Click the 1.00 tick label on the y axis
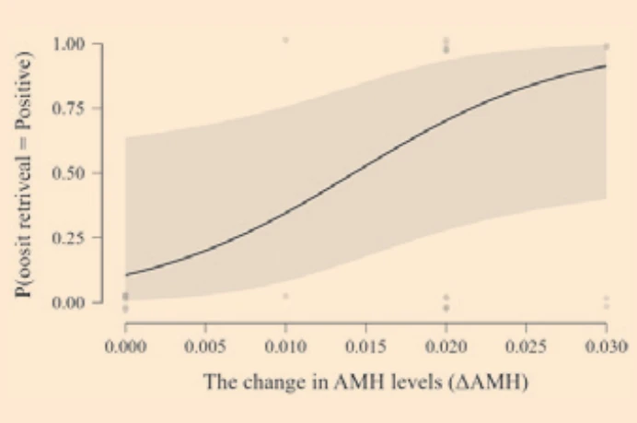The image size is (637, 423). coord(69,44)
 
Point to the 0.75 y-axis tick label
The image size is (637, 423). coord(69,109)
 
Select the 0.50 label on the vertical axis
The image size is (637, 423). coord(69,173)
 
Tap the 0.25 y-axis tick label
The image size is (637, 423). coord(69,238)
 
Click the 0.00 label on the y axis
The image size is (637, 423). coord(69,302)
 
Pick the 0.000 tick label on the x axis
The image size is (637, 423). coord(125,347)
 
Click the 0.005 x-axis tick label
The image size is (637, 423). coord(205,347)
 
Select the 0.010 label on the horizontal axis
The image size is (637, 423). coord(285,347)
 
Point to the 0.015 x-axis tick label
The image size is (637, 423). coord(366,347)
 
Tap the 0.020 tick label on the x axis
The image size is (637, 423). coord(446,347)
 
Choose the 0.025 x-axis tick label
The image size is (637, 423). coord(527,347)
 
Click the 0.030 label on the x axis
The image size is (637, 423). coord(606,347)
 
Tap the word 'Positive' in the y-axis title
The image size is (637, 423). coord(23,90)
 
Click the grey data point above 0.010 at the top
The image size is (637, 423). coord(285,40)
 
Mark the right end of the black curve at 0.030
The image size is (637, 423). coord(606,65)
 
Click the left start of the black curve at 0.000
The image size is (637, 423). coord(125,275)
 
